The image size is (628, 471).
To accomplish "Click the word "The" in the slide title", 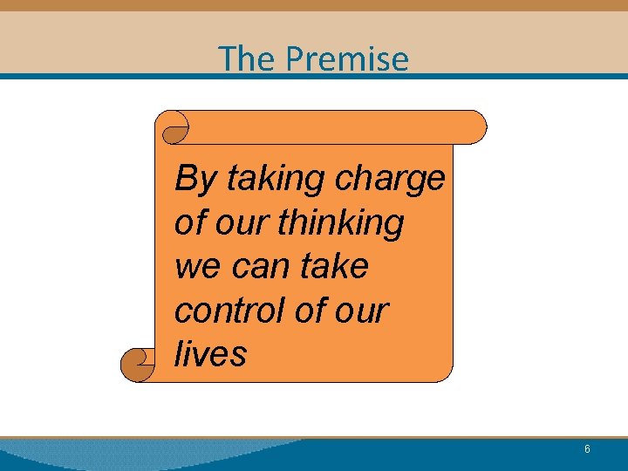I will click(247, 59).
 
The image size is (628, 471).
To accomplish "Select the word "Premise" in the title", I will click(346, 59).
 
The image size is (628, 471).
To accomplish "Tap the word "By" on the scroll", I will click(195, 180).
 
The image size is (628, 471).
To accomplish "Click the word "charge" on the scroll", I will click(390, 180).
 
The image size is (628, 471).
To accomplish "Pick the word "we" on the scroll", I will click(195, 267).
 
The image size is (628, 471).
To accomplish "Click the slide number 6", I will click(587, 449).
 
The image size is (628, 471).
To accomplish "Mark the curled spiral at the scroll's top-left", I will click(175, 128).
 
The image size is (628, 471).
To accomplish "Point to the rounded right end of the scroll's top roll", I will click(476, 127).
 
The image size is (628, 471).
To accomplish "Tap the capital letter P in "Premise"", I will click(297, 59).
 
